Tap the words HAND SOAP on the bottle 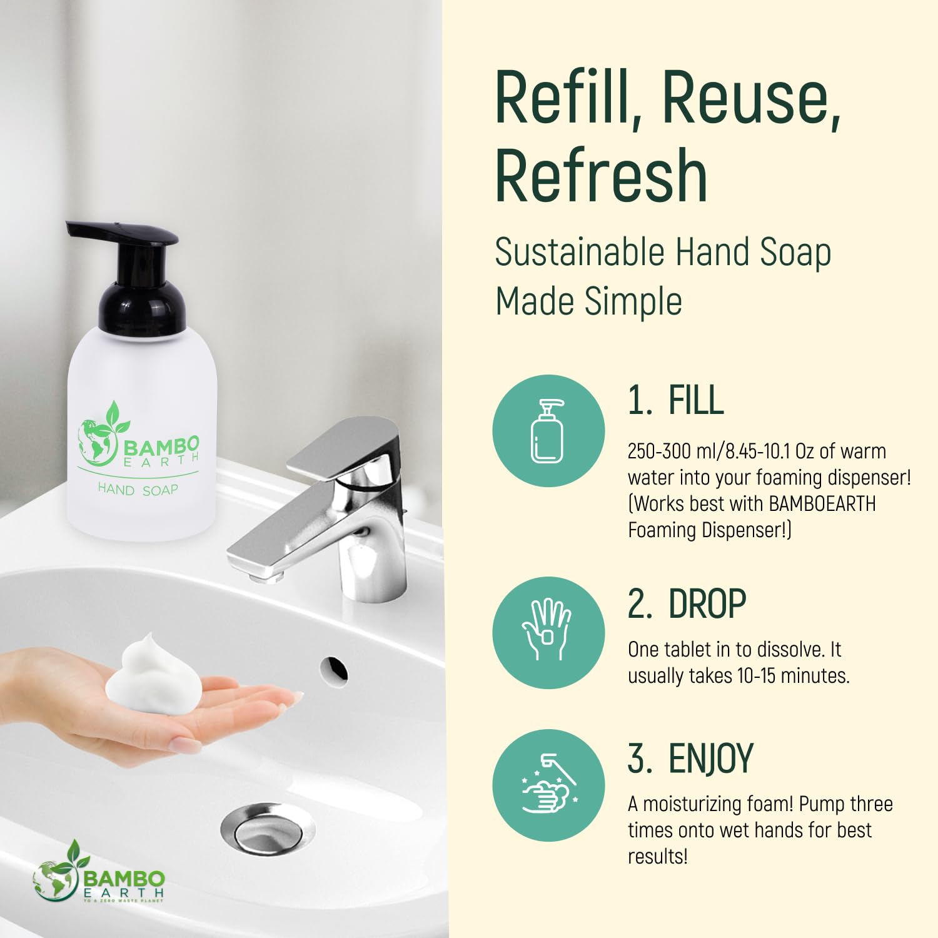click(138, 490)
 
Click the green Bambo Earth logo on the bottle click(138, 438)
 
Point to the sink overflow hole click(334, 669)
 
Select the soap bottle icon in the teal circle click(547, 431)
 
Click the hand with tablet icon click(547, 630)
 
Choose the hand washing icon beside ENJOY click(549, 784)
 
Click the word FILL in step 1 click(696, 400)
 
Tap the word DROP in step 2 click(707, 603)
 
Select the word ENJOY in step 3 click(711, 759)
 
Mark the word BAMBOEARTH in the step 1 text click(822, 503)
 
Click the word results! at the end click(658, 856)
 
